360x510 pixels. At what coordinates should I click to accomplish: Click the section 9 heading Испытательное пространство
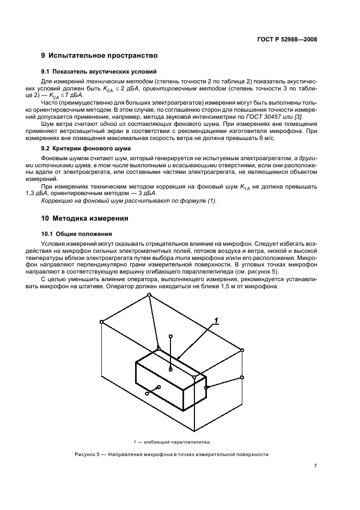[99, 56]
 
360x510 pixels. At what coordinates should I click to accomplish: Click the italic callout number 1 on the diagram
[216, 320]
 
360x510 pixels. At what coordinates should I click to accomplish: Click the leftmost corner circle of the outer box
[102, 322]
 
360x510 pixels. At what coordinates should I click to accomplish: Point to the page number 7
[315, 466]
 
